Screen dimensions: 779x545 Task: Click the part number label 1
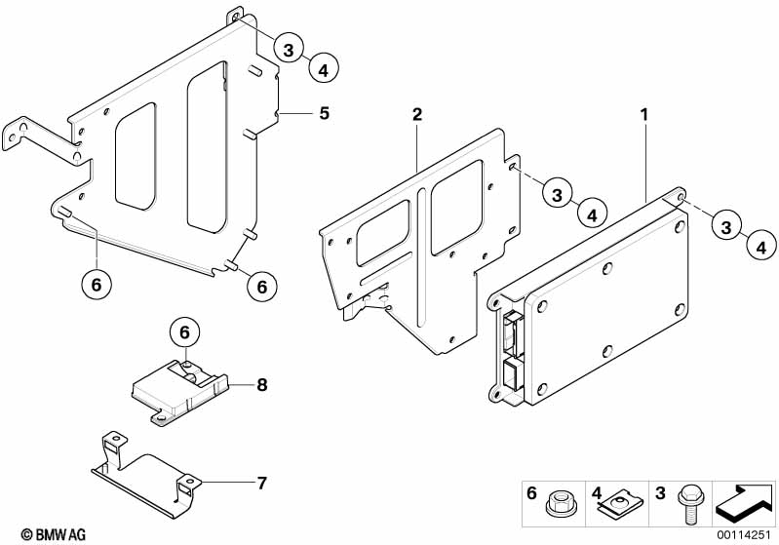[644, 115]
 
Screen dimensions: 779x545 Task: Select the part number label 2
[417, 114]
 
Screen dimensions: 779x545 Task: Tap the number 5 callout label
[324, 113]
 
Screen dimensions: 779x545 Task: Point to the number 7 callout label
[262, 483]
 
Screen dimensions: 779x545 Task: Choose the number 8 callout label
[262, 384]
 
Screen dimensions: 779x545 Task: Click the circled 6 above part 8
[185, 332]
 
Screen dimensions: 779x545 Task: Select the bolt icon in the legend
[688, 503]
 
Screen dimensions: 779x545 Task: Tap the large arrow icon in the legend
[743, 503]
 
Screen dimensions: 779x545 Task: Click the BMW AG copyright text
[54, 534]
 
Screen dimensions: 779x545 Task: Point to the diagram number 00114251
[743, 535]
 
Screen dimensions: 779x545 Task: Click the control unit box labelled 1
[589, 298]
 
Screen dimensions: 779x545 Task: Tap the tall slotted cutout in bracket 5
[208, 147]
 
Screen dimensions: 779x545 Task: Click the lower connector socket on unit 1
[511, 375]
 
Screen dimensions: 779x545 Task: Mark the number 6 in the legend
[531, 493]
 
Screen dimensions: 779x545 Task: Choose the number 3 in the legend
[660, 493]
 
